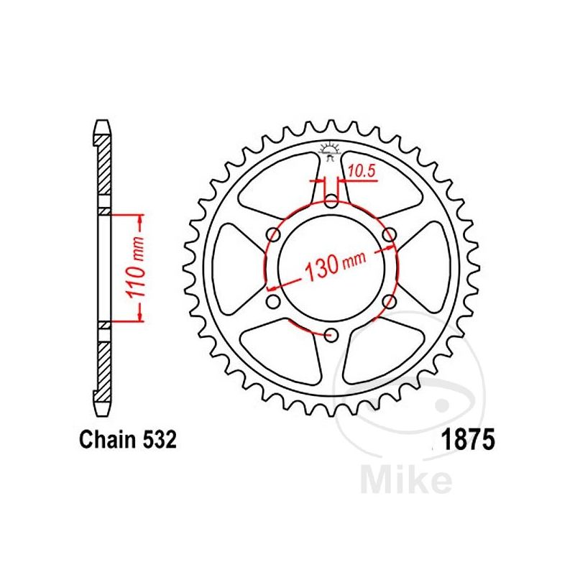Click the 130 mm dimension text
coord(335,264)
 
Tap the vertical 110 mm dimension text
coord(135,267)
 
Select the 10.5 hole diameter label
coord(362,171)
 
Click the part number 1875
coord(468,440)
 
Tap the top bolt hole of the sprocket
coord(331,201)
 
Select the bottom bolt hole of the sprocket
coord(332,334)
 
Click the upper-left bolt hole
coord(274,234)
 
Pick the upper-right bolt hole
coord(390,234)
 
